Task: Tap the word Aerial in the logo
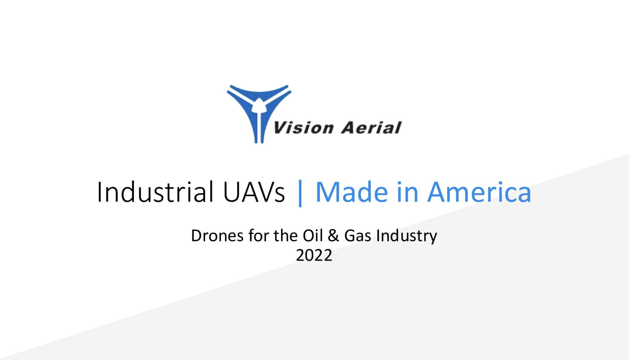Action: tap(371, 128)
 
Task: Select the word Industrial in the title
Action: tap(155, 192)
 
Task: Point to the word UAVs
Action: tap(254, 192)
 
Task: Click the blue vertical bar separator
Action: tap(300, 193)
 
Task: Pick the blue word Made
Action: tap(352, 192)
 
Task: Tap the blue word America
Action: tap(479, 192)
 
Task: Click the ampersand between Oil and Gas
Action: tap(333, 236)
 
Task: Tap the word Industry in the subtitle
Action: tap(407, 237)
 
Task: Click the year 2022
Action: tap(314, 255)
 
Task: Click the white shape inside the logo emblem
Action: tap(259, 106)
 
